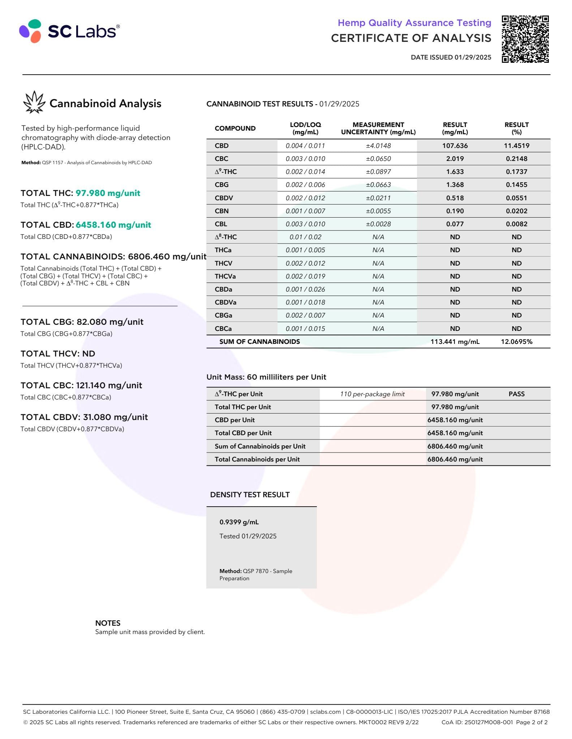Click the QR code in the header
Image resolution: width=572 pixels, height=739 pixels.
click(525, 39)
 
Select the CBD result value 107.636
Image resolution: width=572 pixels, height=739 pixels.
click(455, 146)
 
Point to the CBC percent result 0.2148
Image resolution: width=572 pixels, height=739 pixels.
click(516, 159)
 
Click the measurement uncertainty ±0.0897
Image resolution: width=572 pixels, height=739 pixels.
click(378, 172)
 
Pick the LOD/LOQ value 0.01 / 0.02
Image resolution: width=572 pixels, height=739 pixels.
click(305, 237)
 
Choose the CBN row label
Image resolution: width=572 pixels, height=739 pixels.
click(222, 211)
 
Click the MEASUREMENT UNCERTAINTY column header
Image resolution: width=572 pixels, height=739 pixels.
click(378, 128)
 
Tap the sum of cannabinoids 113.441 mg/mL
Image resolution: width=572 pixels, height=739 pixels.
click(455, 342)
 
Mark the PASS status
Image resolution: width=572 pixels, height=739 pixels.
click(516, 394)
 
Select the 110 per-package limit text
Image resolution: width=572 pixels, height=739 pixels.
click(372, 394)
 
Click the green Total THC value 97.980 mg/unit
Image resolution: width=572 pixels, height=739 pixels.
click(108, 193)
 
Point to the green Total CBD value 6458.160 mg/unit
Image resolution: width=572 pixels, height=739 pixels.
click(113, 225)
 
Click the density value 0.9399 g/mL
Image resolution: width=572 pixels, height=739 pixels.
click(239, 522)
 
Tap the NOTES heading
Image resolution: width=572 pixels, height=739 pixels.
click(108, 623)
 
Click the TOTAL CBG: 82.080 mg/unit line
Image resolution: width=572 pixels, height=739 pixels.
click(82, 322)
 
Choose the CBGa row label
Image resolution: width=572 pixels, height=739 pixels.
click(223, 315)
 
